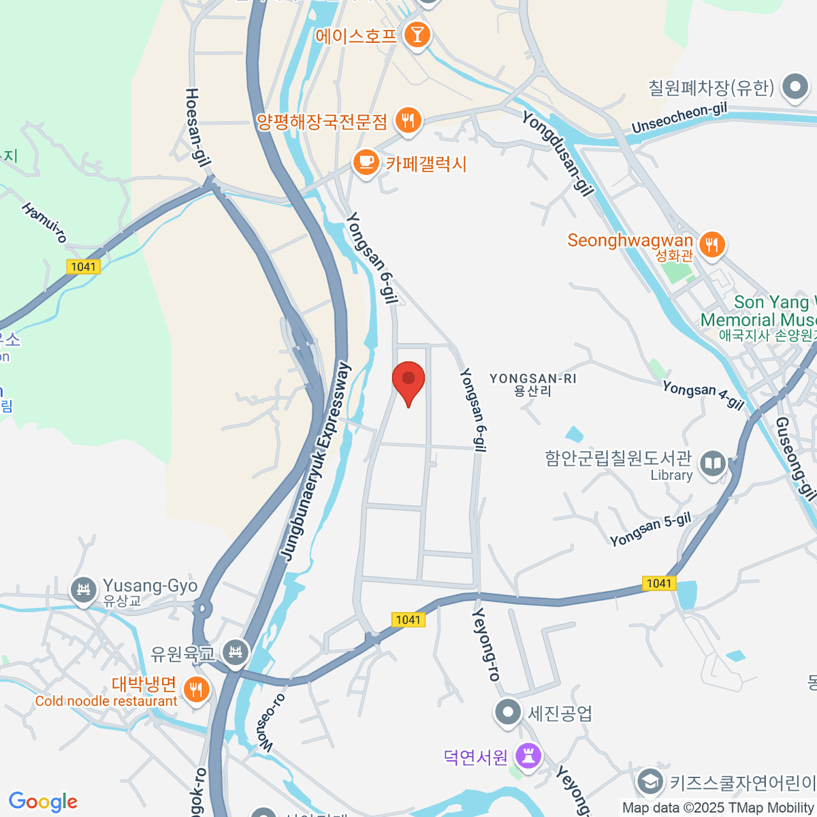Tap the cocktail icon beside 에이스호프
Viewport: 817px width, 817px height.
417,35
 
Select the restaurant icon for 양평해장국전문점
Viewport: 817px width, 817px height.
408,121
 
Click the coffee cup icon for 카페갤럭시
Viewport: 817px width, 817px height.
366,163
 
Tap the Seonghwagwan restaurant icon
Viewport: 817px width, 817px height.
712,243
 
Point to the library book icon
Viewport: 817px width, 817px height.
713,464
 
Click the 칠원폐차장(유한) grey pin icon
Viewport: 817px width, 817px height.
795,86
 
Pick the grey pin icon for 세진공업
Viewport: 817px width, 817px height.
507,713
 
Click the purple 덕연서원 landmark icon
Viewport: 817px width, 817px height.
528,755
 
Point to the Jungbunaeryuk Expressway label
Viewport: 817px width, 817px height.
316,463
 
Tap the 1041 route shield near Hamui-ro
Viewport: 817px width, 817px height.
84,266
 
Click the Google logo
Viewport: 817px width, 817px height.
43,802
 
